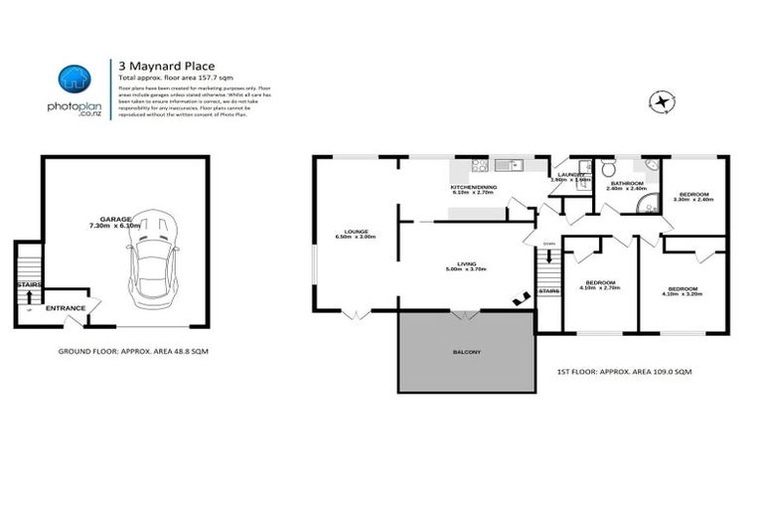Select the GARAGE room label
coord(115,218)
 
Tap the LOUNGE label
coord(355,232)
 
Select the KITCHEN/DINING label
coord(473,187)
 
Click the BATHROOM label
coord(627,183)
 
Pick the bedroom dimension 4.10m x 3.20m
coord(682,293)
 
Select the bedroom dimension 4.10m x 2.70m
coord(602,288)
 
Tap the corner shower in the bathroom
coord(649,203)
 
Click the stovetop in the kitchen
coord(479,165)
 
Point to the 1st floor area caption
coord(624,371)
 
